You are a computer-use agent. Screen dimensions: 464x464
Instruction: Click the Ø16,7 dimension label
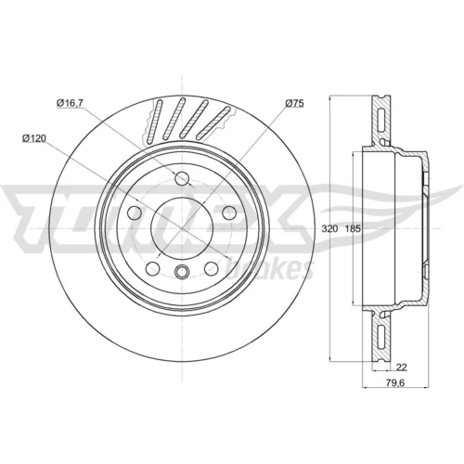[x=70, y=103]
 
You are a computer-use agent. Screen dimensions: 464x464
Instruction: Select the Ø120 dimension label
[x=34, y=138]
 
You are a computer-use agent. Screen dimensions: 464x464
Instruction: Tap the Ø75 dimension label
[x=294, y=103]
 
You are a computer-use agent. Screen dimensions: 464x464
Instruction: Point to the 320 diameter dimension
[x=329, y=229]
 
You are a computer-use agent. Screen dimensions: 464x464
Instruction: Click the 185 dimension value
[x=353, y=229]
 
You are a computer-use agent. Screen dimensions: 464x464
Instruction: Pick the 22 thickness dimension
[x=402, y=367]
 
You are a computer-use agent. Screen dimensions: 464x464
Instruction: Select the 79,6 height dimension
[x=395, y=382]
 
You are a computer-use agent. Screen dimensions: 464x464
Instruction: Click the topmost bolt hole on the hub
[x=182, y=178]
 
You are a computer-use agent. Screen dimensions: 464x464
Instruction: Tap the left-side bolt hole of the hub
[x=135, y=213]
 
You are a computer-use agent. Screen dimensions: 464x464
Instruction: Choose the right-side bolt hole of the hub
[x=229, y=213]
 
